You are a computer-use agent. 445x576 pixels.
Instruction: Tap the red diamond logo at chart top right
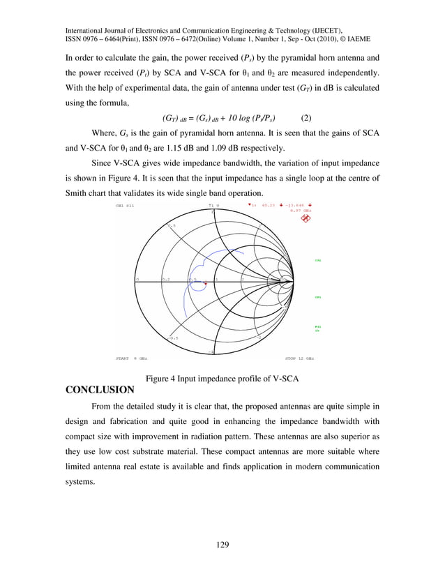point(305,218)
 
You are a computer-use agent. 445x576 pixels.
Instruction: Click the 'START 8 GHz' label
point(130,358)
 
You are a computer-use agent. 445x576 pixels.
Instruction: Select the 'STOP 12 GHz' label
point(299,358)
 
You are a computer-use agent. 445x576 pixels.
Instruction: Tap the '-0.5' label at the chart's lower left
point(172,338)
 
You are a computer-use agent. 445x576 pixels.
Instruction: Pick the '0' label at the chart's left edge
point(137,279)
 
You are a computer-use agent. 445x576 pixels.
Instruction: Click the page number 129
point(222,544)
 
